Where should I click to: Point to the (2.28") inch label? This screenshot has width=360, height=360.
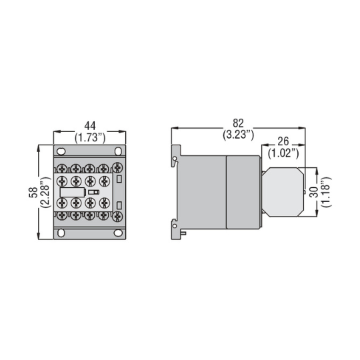(x=44, y=192)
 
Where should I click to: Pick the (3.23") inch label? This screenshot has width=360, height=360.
(x=238, y=135)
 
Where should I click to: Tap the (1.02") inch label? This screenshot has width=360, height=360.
(x=282, y=153)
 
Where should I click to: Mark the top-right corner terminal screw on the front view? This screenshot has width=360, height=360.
(x=117, y=167)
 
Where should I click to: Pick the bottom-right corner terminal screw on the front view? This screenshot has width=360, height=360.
(x=117, y=216)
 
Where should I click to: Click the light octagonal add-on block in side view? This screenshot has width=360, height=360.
(x=283, y=191)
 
